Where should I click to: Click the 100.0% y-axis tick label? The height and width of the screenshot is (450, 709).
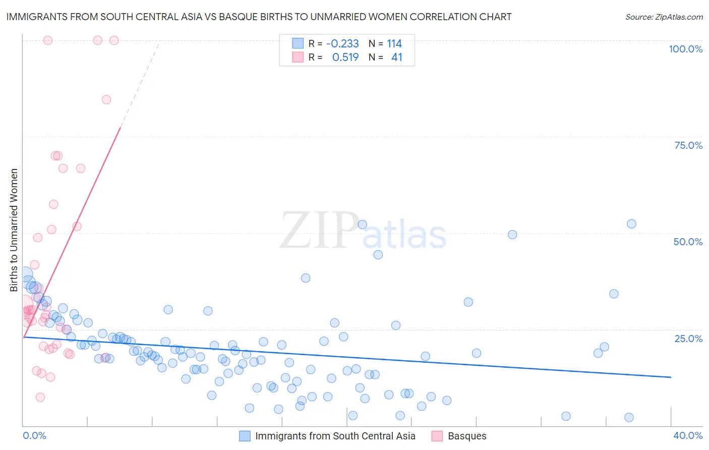685,49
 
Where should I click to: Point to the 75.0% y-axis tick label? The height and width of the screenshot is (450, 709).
688,145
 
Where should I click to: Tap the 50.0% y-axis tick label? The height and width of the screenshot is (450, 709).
688,242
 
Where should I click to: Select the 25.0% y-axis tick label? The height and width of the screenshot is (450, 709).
688,338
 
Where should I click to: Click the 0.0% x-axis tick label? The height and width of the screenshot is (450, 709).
34,435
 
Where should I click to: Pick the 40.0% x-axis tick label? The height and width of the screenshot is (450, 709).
687,435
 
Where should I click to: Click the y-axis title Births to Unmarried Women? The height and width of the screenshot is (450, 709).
14,230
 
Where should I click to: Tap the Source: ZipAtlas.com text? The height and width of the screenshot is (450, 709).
664,17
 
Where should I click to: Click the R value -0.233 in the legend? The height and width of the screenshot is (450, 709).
342,44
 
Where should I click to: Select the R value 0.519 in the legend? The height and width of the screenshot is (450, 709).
345,58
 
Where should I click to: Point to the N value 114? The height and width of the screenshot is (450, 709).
394,44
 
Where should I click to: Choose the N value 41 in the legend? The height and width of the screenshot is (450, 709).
397,58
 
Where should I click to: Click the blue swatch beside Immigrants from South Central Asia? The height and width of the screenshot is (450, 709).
245,436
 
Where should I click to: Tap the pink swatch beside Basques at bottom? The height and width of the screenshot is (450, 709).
437,436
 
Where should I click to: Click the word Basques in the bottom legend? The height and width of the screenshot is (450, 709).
467,436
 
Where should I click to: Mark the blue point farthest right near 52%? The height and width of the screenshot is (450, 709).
631,224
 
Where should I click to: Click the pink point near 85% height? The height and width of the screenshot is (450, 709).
106,99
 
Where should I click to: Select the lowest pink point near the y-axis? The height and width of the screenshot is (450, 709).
40,397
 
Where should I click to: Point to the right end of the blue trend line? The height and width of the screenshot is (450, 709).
671,377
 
